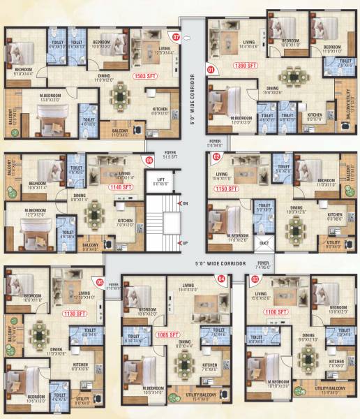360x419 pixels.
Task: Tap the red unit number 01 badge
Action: (x=211, y=69)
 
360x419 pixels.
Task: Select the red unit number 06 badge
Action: (x=149, y=160)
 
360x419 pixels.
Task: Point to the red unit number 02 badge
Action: (x=216, y=157)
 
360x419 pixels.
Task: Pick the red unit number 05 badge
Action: (x=100, y=282)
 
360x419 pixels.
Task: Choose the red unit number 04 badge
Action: (x=222, y=278)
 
